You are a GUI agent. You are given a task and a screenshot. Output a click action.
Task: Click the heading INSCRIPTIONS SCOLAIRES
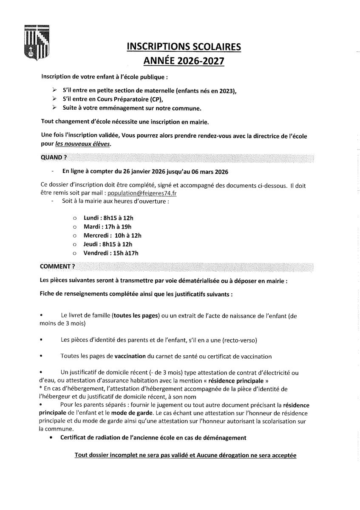pyautogui.click(x=184, y=46)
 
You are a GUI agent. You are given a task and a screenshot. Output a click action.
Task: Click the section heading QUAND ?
pyautogui.click(x=54, y=157)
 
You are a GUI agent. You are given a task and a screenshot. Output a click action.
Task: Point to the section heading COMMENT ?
pyautogui.click(x=57, y=266)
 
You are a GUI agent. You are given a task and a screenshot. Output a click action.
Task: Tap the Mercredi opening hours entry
pyautogui.click(x=112, y=235)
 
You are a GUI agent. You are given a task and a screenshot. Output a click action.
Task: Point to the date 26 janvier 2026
pyautogui.click(x=145, y=172)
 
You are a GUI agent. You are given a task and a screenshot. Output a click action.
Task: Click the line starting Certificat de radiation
pyautogui.click(x=153, y=437)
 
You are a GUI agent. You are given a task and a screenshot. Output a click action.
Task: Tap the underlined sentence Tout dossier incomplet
pyautogui.click(x=185, y=455)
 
